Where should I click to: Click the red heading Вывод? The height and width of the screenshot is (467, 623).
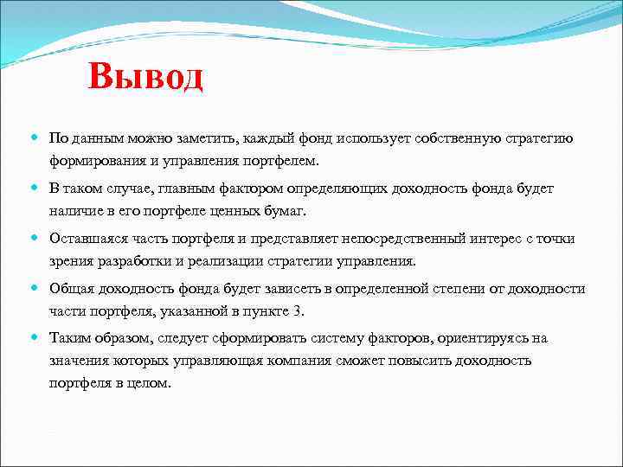(x=145, y=77)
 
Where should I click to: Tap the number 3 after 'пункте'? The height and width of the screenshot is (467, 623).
(x=299, y=311)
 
